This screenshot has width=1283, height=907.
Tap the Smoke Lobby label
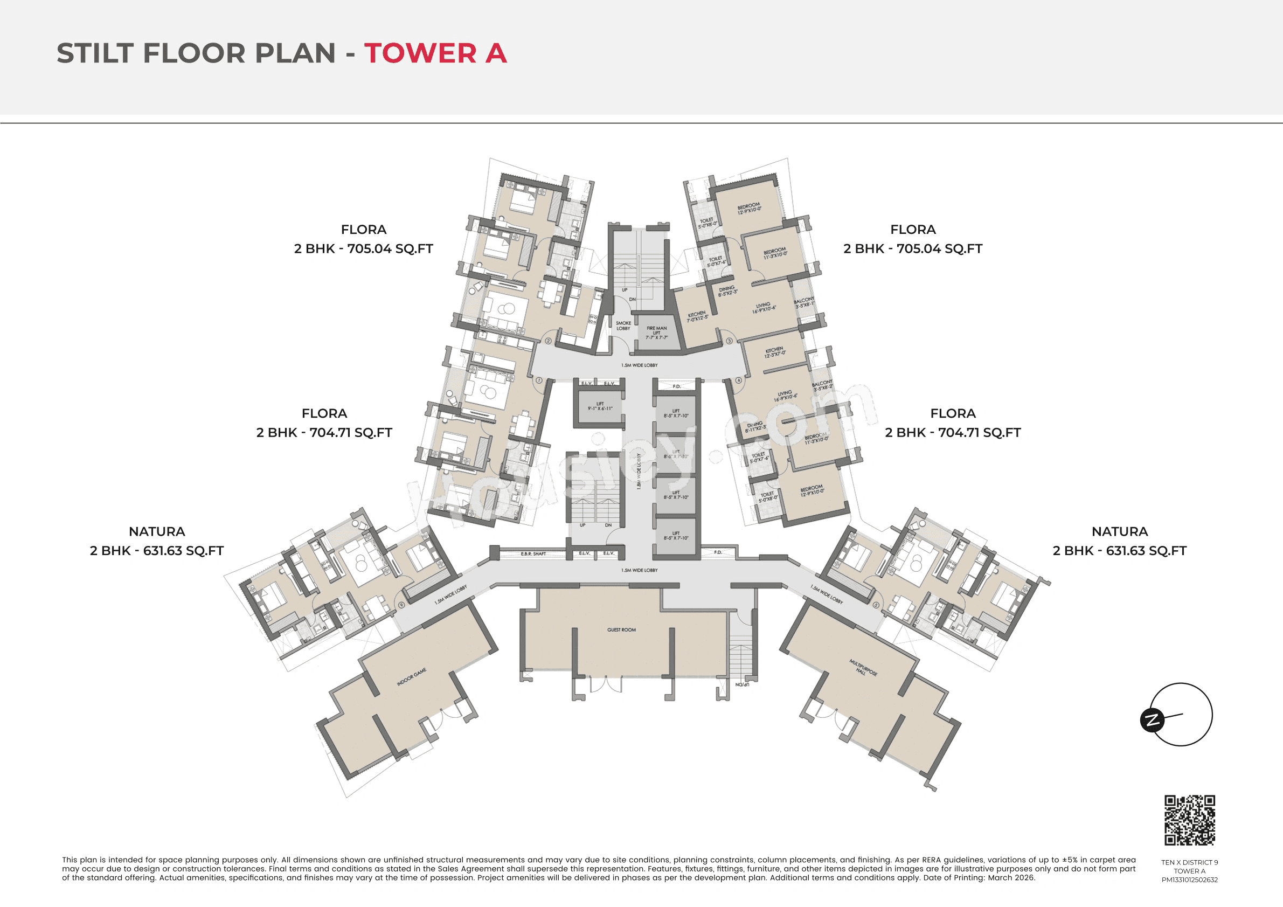[623, 326]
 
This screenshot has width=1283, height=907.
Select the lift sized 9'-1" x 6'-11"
[600, 406]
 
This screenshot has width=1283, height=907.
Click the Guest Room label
[621, 630]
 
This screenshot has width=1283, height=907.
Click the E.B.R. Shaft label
[532, 554]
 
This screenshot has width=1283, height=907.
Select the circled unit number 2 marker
[548, 341]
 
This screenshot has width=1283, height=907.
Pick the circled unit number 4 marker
[738, 380]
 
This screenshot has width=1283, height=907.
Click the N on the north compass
[1152, 720]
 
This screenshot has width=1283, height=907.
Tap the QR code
[1189, 820]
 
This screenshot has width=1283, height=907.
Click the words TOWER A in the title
[435, 53]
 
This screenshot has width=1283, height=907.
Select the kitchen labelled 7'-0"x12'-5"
[697, 316]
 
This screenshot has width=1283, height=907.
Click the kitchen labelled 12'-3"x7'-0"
[774, 352]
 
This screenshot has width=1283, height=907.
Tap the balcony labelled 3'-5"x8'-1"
[804, 303]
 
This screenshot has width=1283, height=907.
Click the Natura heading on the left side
[156, 531]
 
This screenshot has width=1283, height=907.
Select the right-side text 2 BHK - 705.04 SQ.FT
[912, 248]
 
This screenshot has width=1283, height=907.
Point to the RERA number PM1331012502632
[1189, 880]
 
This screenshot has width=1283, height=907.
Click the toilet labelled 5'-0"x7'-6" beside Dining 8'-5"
[716, 261]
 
